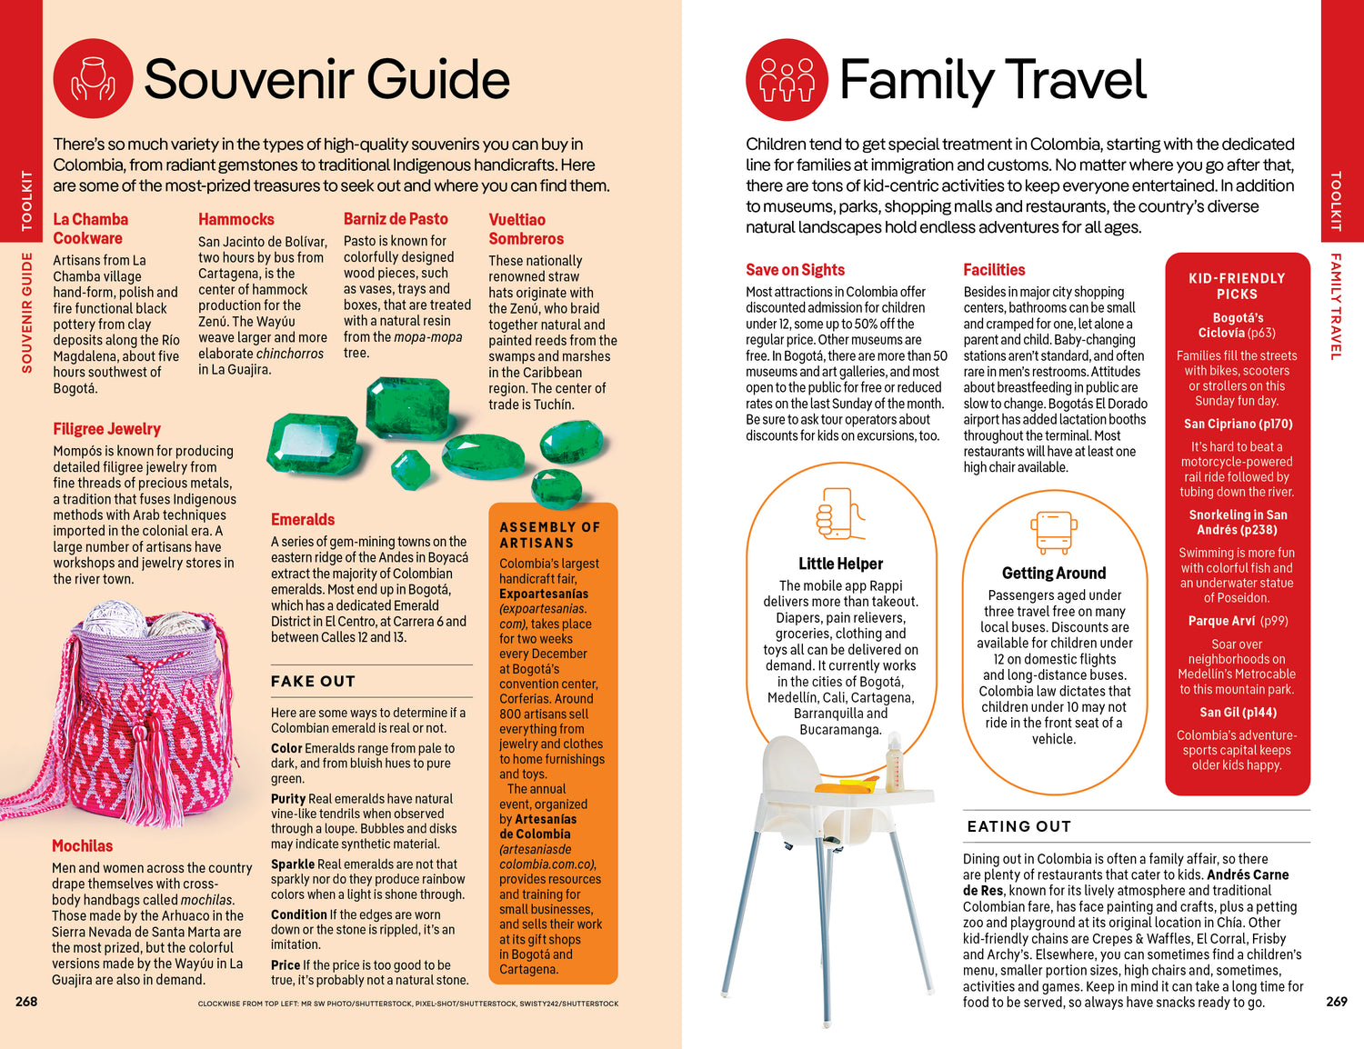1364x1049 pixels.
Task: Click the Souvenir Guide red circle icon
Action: [93, 79]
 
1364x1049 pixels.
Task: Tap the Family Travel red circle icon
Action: [787, 79]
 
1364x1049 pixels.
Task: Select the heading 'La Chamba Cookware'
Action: [90, 229]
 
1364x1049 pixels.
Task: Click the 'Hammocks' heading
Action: [236, 219]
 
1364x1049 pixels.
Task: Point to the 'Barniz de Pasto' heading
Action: [396, 219]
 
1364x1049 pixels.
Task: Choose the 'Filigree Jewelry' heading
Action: [106, 429]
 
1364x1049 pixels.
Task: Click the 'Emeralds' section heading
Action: [303, 520]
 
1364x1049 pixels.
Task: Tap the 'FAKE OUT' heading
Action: [313, 681]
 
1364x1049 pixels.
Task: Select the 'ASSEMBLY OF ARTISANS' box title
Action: [549, 534]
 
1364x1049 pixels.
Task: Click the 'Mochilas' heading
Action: [82, 846]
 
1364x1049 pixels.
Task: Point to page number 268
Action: [26, 1001]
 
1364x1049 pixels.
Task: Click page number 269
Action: [1337, 1001]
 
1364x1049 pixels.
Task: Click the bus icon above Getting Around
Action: [1053, 532]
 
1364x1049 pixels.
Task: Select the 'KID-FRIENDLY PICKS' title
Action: [1237, 285]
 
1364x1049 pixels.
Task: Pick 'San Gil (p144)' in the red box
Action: [1237, 713]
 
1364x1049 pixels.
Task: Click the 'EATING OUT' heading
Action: [1018, 826]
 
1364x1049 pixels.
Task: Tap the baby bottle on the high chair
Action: [894, 759]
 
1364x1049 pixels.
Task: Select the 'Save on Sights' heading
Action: [795, 270]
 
